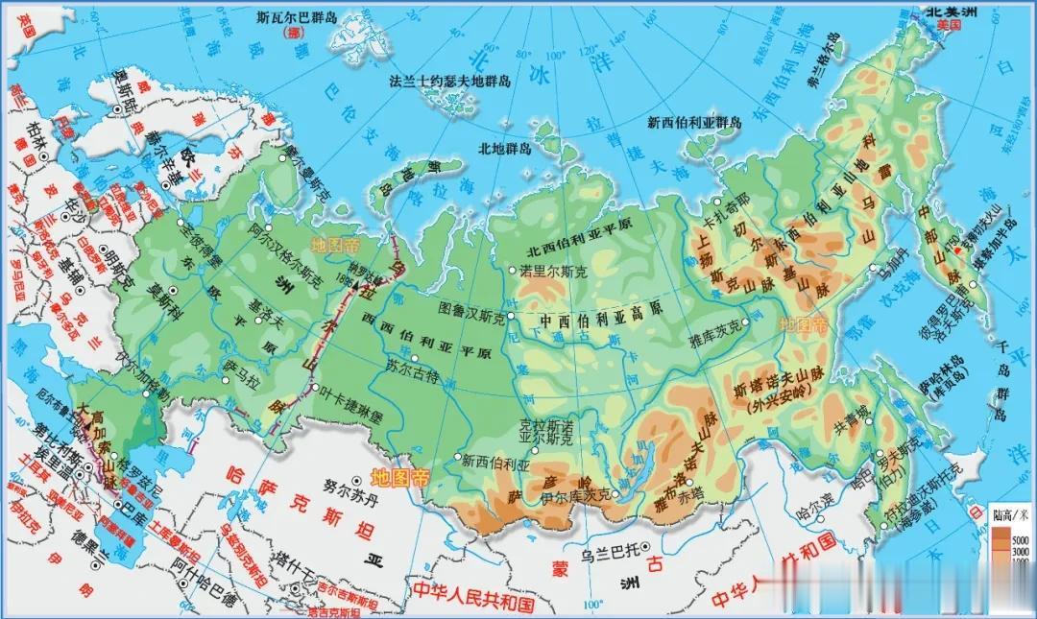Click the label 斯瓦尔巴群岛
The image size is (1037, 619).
(299, 17)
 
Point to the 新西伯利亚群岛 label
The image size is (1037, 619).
(694, 122)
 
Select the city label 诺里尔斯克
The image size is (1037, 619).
(551, 272)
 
